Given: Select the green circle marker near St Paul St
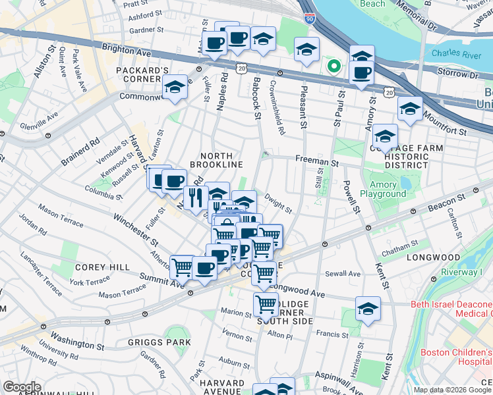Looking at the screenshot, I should pos(334,66).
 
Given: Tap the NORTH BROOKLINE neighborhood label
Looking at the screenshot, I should pos(217,159).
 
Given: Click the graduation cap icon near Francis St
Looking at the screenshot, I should pos(368,308).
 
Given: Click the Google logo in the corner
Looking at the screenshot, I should pos(22,387).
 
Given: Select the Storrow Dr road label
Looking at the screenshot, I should pos(465,75).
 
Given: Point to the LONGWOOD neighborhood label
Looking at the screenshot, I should pos(433,257).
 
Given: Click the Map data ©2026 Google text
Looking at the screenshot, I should pos(452,390).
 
